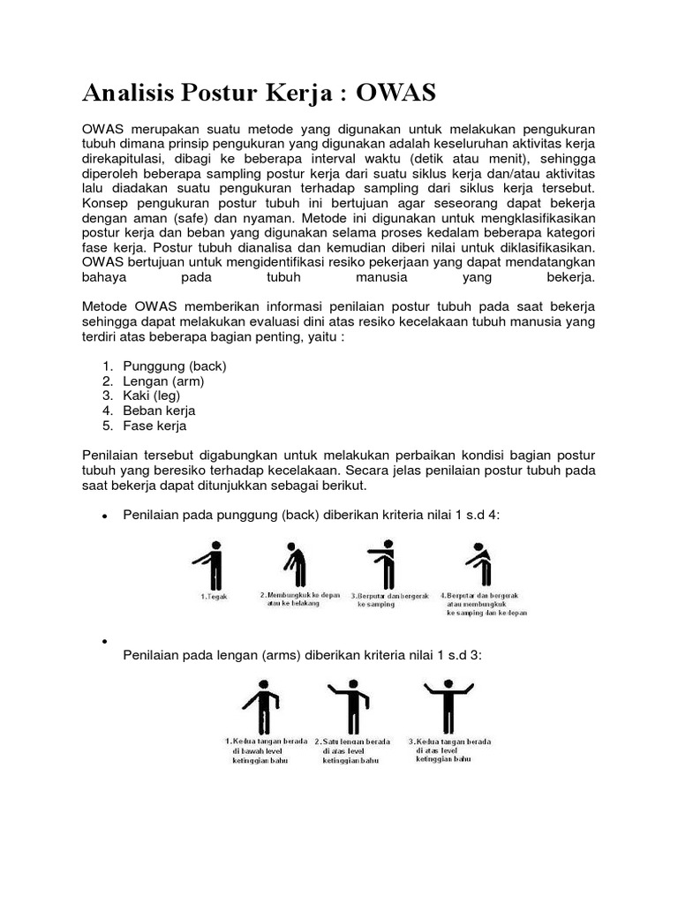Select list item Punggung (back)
coord(175,365)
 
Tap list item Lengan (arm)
coord(164,380)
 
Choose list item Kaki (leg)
coord(152,395)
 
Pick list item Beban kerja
coord(160,411)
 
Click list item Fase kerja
coord(154,426)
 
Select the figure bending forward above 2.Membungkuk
coord(290,565)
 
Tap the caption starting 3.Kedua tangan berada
coord(449,750)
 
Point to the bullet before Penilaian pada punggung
coord(105,515)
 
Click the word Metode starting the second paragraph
coord(105,305)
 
